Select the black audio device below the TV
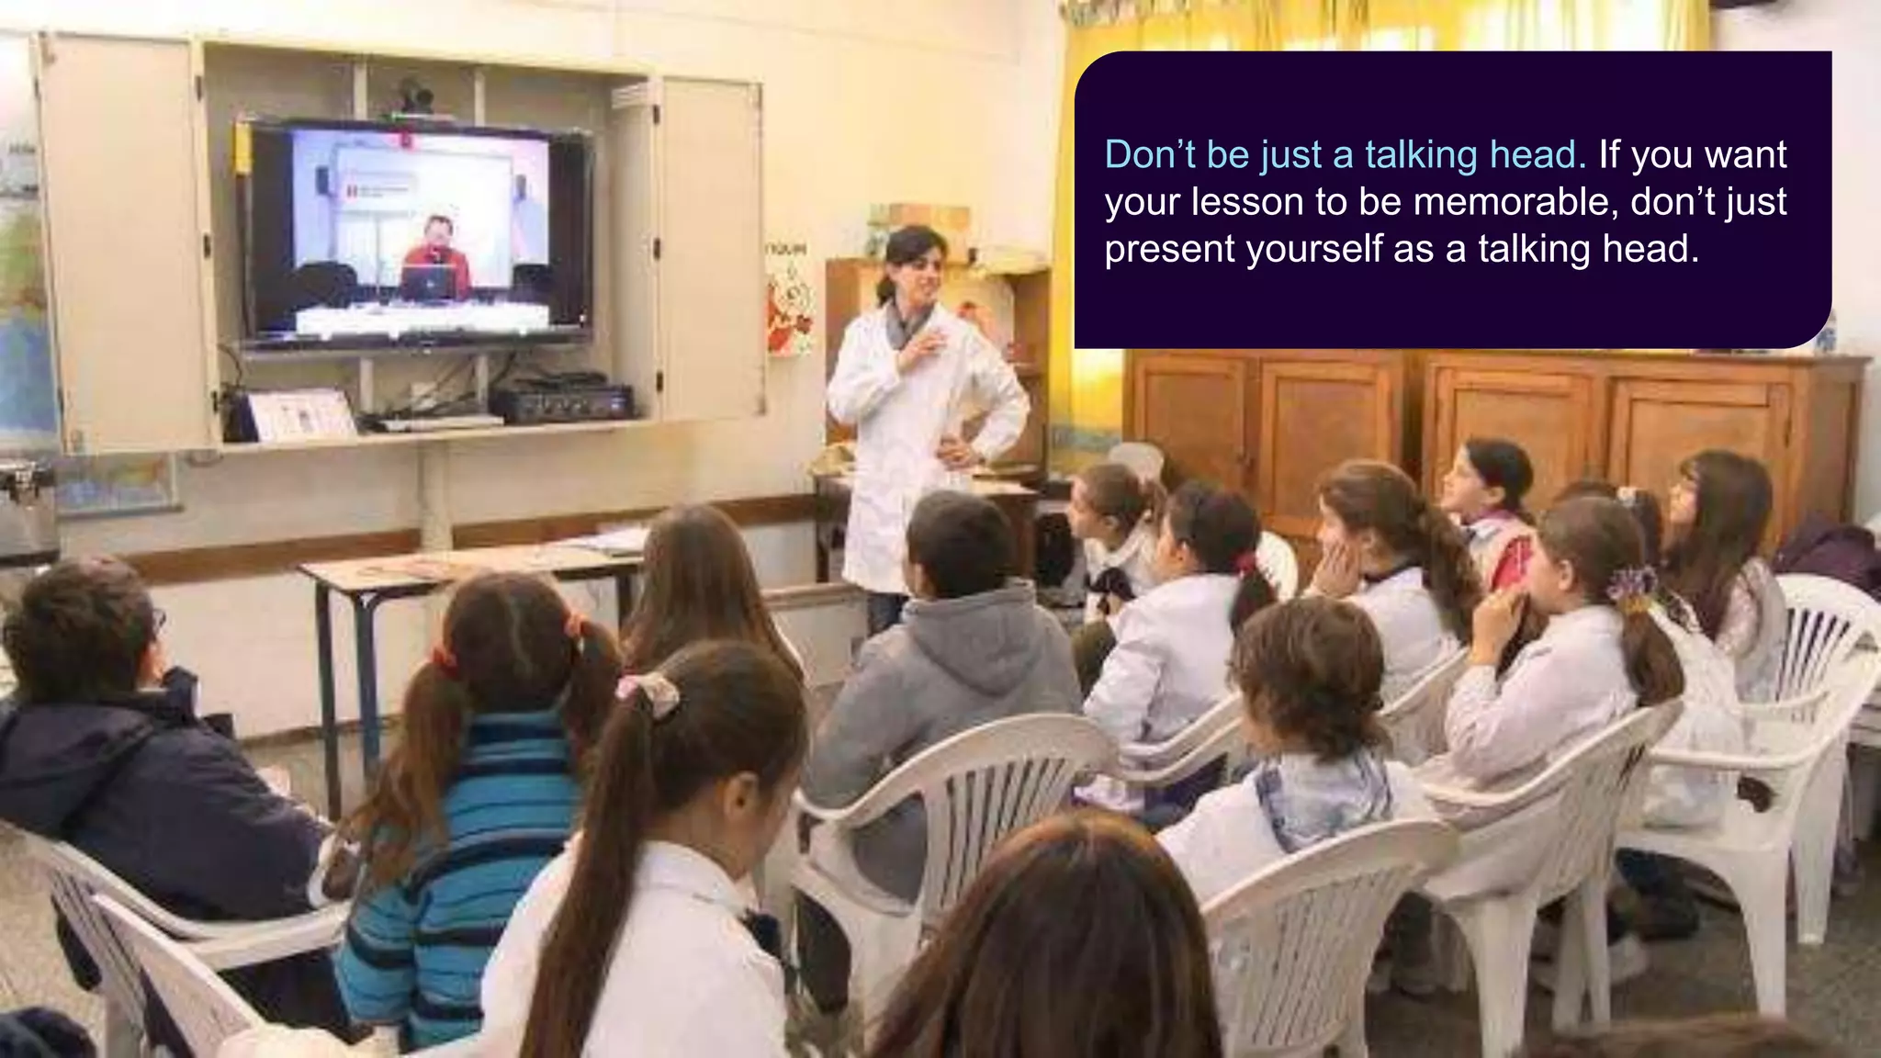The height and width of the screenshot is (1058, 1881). click(x=562, y=401)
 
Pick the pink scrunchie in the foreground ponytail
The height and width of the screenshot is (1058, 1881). click(x=648, y=693)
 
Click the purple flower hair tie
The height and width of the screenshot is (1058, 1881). click(x=1629, y=588)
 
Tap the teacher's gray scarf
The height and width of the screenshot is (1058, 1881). click(x=905, y=327)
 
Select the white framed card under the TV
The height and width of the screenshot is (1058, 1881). click(x=301, y=413)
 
